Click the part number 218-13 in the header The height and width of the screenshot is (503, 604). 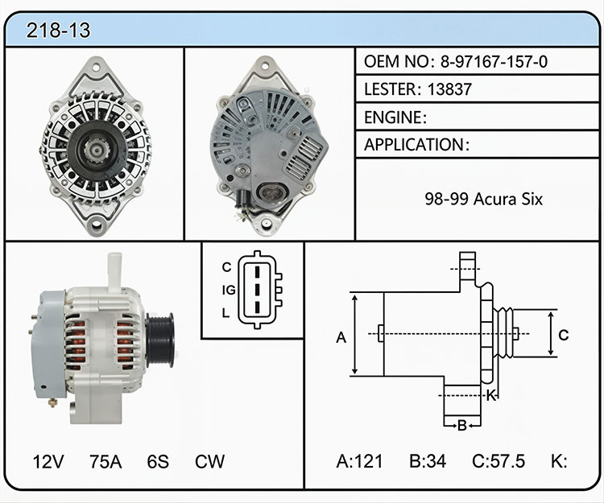(x=58, y=30)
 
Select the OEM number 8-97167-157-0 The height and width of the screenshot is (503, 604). (x=494, y=62)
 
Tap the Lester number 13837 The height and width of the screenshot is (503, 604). (x=449, y=89)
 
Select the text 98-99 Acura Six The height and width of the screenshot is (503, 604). (x=483, y=199)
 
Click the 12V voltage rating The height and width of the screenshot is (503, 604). (x=48, y=461)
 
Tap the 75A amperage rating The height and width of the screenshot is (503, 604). (x=105, y=461)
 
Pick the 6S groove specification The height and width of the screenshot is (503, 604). (x=158, y=461)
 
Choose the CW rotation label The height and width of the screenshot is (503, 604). (x=209, y=461)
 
